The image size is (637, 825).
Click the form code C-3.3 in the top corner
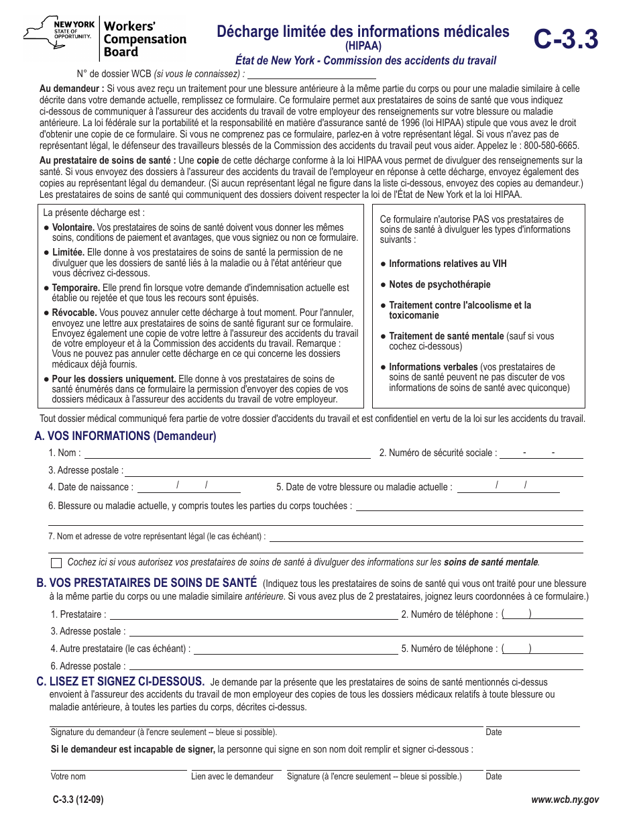[566, 40]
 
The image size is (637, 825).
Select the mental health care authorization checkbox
[56, 563]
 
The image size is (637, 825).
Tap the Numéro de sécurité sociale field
[541, 453]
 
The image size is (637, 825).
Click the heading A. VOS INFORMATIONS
[125, 436]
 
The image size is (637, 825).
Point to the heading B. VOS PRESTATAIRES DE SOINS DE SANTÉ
[146, 583]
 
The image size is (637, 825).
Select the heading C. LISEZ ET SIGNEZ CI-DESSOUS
[120, 681]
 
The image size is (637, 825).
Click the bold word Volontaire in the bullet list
[73, 227]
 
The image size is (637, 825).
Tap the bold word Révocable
[74, 313]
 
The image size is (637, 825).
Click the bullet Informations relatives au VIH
[447, 264]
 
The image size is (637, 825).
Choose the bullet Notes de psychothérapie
[439, 284]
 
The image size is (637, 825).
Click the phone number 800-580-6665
[552, 146]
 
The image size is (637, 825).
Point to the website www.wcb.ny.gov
[565, 800]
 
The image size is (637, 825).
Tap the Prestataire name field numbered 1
[253, 615]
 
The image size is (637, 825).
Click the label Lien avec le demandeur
[232, 777]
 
